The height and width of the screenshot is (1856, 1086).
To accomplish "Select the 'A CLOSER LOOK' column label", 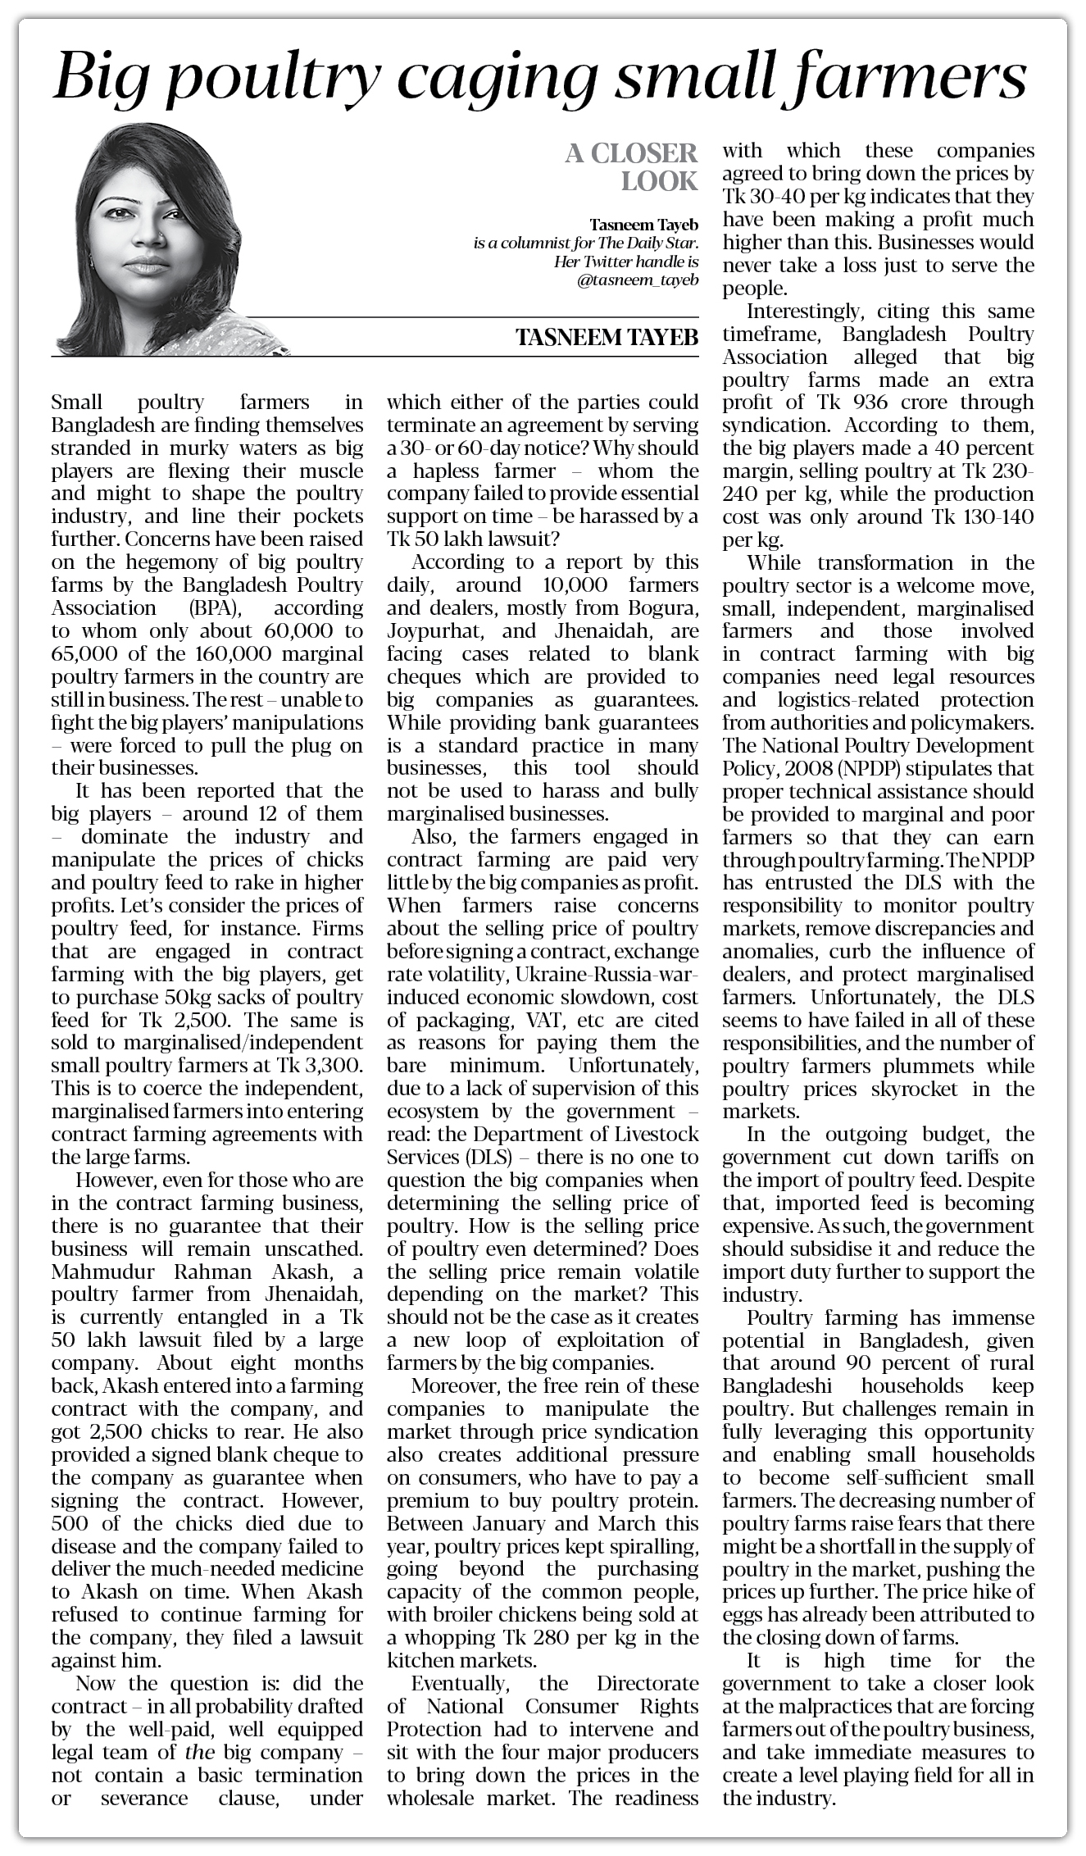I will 631,166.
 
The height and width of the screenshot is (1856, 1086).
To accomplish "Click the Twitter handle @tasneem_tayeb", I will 638,280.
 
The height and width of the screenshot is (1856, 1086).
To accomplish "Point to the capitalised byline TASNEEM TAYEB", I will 607,338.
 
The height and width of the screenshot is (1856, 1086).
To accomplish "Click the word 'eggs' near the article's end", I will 743,1615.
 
